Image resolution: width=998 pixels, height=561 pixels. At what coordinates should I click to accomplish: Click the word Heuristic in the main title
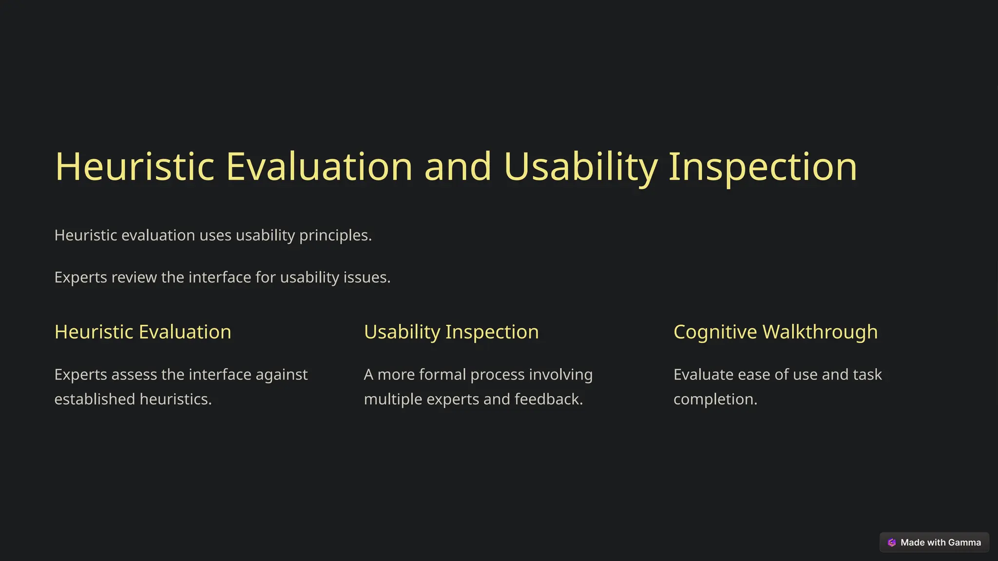coord(134,167)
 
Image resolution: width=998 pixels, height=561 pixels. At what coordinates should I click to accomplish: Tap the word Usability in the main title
coord(580,167)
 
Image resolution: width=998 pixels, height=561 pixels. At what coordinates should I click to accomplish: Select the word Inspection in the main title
coord(763,167)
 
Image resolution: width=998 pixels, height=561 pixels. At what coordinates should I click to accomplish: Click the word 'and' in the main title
coord(458,167)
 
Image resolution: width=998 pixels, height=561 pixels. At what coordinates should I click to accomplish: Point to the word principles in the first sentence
coord(335,235)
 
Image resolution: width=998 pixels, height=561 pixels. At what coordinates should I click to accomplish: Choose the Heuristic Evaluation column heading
coord(143,332)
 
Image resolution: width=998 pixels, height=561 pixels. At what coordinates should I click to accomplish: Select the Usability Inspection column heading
coord(451,332)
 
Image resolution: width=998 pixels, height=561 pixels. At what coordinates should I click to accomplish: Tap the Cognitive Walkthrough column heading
coord(775,332)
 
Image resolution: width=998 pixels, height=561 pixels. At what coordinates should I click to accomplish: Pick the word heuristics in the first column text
coord(175,399)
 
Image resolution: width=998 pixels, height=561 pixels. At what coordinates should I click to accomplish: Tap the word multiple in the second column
coord(393,399)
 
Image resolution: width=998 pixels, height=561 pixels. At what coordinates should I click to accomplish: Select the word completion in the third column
coord(715,399)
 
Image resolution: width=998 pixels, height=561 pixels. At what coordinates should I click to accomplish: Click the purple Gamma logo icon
coord(892,542)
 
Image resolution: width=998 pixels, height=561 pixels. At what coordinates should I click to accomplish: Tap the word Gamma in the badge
coord(964,542)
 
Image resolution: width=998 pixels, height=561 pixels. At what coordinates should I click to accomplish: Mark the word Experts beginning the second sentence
coord(80,277)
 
